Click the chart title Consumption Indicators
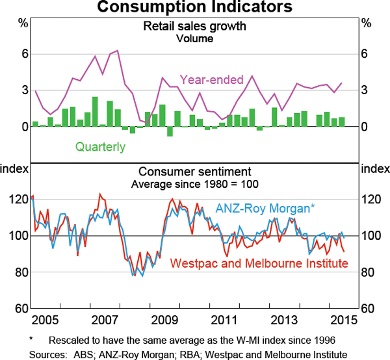coord(195,7)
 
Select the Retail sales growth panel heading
coord(195,27)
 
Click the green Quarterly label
coord(100,146)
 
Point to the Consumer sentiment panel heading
coord(194,172)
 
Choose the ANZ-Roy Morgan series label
coord(265,208)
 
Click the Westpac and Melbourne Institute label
coord(259,263)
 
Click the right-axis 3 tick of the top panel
coord(365,90)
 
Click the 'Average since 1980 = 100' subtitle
coord(194,184)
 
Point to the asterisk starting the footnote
coord(31,339)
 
